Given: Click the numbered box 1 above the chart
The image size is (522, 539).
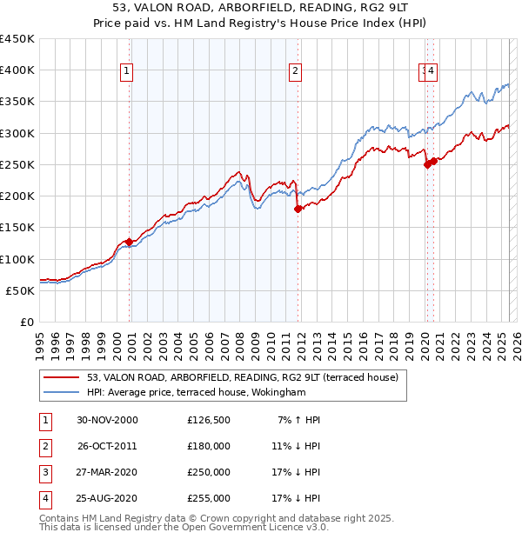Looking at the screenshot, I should [x=127, y=71].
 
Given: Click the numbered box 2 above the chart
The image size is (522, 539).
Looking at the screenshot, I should [x=296, y=71].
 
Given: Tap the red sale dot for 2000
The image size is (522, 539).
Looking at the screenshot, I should [x=130, y=242].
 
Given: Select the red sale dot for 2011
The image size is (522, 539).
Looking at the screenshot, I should [x=298, y=209].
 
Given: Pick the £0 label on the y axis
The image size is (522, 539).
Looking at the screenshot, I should [x=26, y=322].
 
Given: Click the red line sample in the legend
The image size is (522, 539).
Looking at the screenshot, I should [x=61, y=377].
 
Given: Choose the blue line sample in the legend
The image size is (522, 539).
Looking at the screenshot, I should [x=61, y=392].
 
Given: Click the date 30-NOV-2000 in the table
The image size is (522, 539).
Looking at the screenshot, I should [x=107, y=420].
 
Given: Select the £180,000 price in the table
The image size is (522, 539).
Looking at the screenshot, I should [x=209, y=446].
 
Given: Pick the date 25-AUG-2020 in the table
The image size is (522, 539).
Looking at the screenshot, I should [x=107, y=498].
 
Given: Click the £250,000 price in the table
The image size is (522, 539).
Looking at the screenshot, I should [x=209, y=472].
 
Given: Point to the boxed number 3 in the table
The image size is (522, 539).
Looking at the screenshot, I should [x=44, y=472].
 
